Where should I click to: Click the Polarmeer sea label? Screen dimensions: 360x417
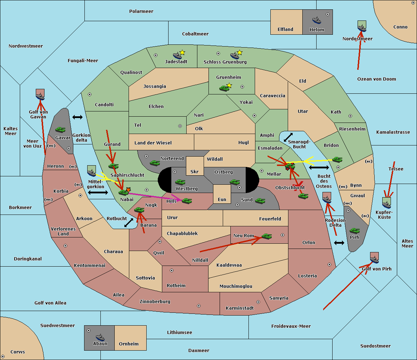[x=141, y=11]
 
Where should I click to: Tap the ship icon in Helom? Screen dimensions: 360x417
[x=316, y=20]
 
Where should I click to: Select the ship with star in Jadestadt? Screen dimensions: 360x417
[x=178, y=55]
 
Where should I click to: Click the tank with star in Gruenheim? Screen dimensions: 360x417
[x=224, y=88]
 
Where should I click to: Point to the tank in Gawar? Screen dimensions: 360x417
[x=60, y=130]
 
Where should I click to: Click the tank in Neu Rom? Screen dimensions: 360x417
[x=267, y=236]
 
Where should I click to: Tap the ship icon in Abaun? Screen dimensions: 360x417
[x=100, y=337]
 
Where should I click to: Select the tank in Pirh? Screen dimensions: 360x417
[x=354, y=231]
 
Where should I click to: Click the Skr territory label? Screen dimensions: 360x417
[x=195, y=171]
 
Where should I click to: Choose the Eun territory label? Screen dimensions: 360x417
[x=222, y=200]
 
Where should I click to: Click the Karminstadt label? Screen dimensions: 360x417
[x=240, y=308]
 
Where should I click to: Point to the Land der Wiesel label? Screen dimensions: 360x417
[x=153, y=143]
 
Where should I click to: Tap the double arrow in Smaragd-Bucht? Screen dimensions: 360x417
[x=288, y=137]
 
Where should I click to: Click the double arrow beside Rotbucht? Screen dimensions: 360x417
[x=129, y=223]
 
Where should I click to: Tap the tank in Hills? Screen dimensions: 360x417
[x=187, y=201]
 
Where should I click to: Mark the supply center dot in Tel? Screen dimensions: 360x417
[x=180, y=126]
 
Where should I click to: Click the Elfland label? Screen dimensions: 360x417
[x=285, y=30]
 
